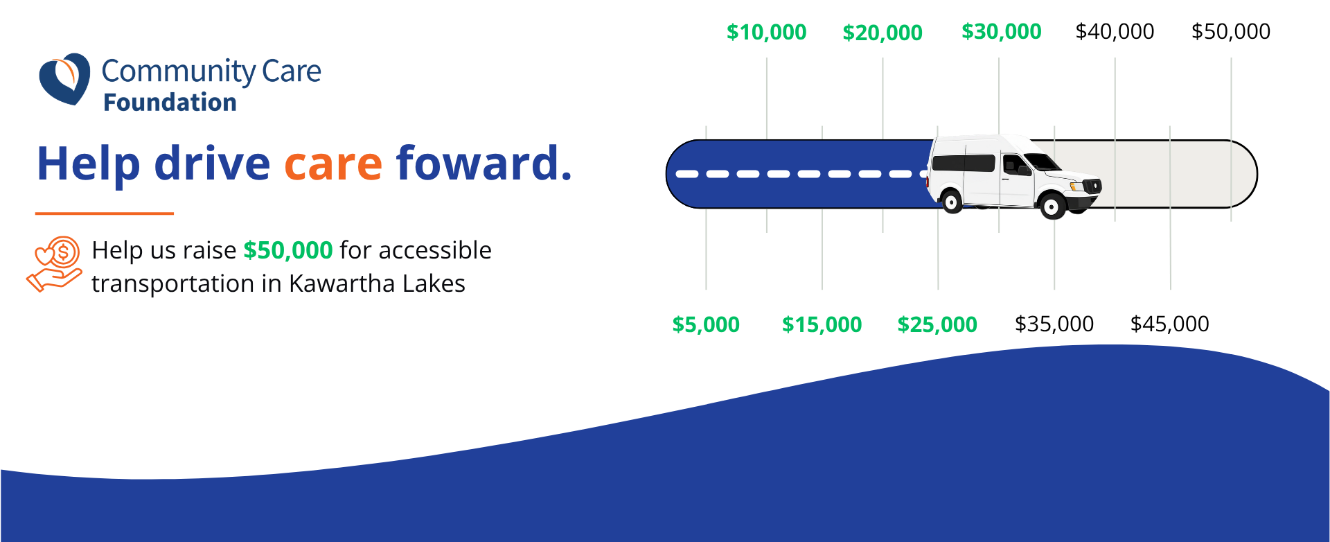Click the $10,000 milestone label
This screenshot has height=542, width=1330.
point(766,32)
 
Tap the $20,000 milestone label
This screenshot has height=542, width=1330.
point(883,33)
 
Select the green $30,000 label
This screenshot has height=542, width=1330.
point(1002,32)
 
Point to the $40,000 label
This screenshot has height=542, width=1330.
point(1115,32)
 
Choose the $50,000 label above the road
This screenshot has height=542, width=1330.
point(1231,32)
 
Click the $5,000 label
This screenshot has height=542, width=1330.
point(706,324)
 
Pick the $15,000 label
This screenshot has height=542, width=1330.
point(822,324)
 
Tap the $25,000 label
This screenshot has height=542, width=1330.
point(937,324)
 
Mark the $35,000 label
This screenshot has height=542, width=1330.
point(1054,324)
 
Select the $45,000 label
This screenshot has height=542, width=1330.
point(1170,324)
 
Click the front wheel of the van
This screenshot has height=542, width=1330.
point(1053,206)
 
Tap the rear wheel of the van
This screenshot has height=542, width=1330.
point(952,202)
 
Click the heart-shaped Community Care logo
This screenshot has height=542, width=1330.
point(64,79)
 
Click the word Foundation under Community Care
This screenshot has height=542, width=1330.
point(170,103)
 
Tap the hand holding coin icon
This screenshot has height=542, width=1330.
point(54,264)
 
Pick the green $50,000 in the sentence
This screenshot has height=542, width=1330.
point(288,250)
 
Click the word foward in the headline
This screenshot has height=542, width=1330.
point(484,163)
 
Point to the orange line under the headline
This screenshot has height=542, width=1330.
point(104,213)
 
